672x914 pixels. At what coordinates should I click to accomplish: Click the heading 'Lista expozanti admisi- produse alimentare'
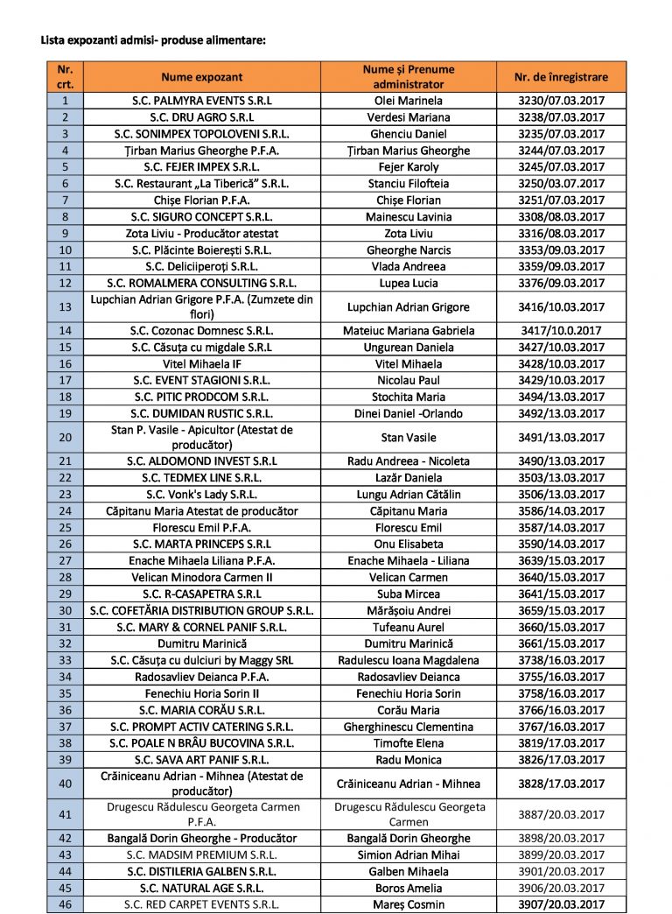(153, 40)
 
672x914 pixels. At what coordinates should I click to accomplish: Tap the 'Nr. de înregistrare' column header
(561, 77)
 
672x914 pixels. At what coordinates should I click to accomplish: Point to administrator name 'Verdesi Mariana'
(409, 117)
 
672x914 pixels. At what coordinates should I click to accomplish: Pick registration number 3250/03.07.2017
(561, 184)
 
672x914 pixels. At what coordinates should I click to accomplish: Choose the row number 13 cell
(65, 307)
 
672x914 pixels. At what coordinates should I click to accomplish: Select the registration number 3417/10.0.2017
(561, 331)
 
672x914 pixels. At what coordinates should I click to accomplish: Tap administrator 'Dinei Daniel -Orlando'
(409, 413)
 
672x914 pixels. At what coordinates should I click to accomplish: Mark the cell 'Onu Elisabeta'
(409, 544)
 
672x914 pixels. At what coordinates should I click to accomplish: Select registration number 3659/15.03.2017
(561, 610)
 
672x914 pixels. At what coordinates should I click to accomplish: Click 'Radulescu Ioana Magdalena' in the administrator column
(409, 660)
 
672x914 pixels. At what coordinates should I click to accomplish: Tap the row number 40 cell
(65, 784)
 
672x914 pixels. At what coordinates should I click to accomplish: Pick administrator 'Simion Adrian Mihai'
(409, 854)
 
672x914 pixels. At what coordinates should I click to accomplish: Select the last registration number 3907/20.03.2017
(561, 904)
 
